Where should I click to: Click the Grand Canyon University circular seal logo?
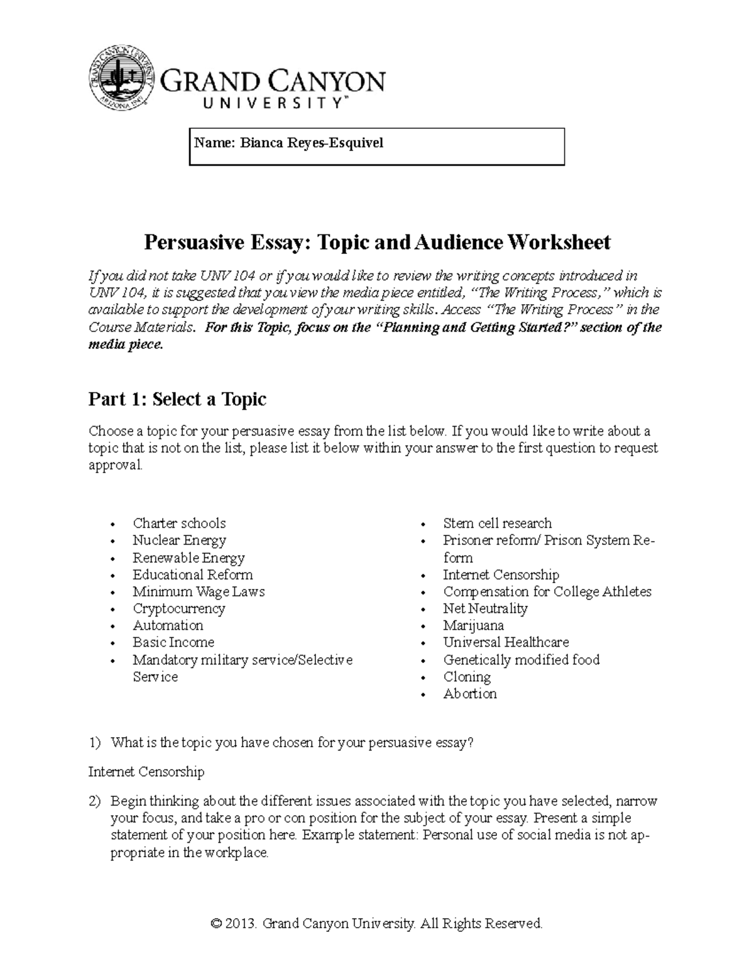[x=122, y=78]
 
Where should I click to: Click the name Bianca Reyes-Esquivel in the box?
[x=288, y=143]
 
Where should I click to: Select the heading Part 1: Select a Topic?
[x=177, y=399]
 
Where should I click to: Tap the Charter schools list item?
[x=179, y=524]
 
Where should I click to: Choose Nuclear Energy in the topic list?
[x=179, y=540]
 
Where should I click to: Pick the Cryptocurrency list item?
[x=178, y=608]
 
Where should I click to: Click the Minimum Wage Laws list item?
[x=199, y=591]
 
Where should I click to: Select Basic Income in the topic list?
[x=173, y=642]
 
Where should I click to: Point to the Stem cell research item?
[x=497, y=524]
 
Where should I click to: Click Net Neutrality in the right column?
[x=485, y=608]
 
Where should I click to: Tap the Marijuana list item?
[x=473, y=625]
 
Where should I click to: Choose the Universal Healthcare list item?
[x=506, y=642]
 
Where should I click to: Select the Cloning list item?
[x=467, y=677]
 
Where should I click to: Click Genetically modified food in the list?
[x=522, y=660]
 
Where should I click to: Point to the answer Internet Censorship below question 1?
[x=146, y=771]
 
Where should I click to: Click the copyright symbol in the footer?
[x=216, y=923]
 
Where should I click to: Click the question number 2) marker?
[x=94, y=801]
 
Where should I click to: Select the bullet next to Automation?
[x=112, y=627]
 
